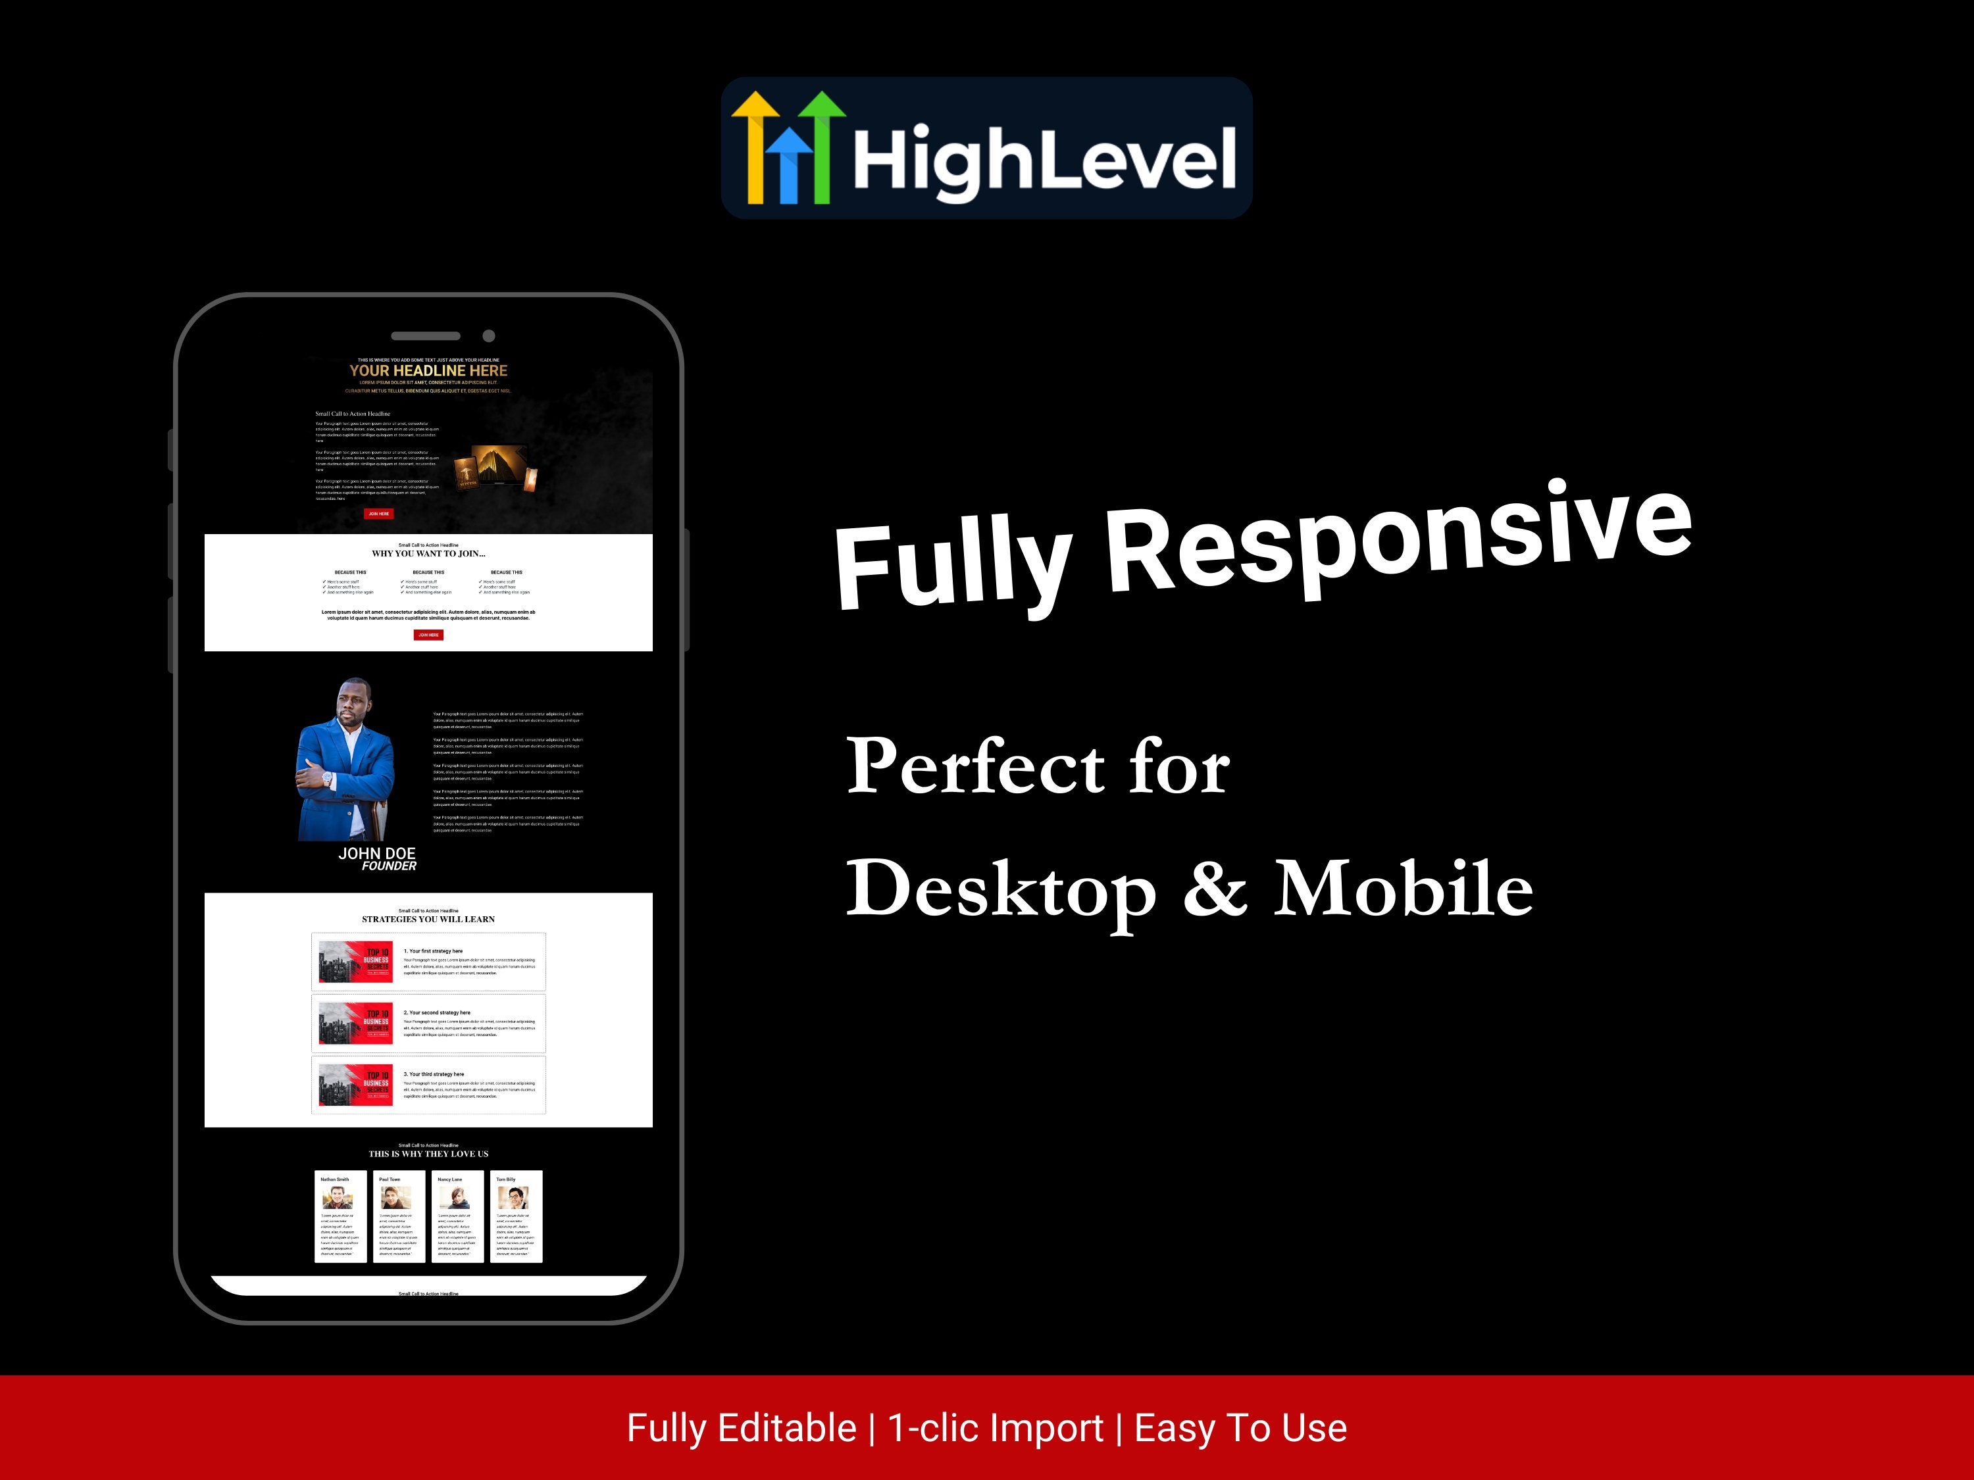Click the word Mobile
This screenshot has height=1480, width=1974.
pyautogui.click(x=1403, y=889)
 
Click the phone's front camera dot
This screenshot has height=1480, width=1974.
pyautogui.click(x=488, y=336)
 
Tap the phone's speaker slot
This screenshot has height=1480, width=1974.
pyautogui.click(x=426, y=336)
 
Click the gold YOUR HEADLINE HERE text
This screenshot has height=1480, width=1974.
pyautogui.click(x=428, y=370)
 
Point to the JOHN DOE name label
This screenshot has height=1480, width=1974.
pyautogui.click(x=376, y=854)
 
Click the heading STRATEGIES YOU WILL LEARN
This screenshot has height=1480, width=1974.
pyautogui.click(x=428, y=919)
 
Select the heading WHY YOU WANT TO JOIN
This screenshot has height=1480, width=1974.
pyautogui.click(x=428, y=554)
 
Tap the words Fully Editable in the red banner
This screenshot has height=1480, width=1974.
pyautogui.click(x=742, y=1428)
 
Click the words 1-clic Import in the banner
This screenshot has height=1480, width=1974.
pyautogui.click(x=995, y=1428)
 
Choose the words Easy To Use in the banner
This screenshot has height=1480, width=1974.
pyautogui.click(x=1240, y=1428)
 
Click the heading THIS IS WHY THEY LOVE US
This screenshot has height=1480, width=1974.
pyautogui.click(x=428, y=1154)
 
